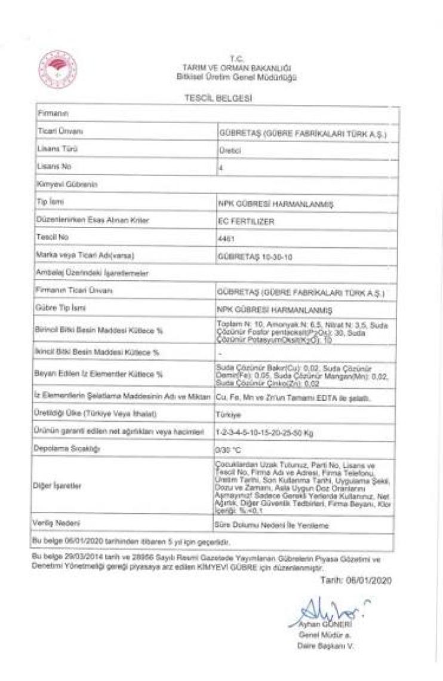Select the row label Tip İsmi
coord(50,203)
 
